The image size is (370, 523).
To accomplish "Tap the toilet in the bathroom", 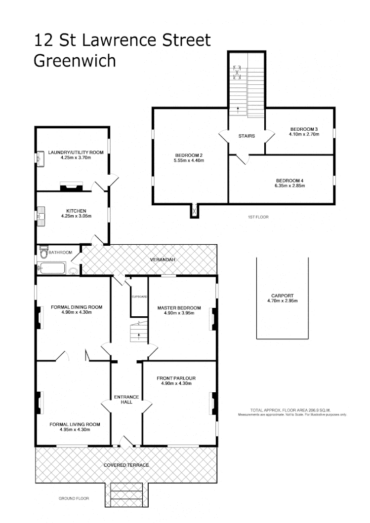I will click(44, 253).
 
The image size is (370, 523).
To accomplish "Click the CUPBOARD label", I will click(139, 297).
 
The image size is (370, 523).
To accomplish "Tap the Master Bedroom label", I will click(179, 308).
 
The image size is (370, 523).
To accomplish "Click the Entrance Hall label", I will click(126, 399).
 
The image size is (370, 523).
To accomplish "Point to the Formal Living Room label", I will click(75, 424).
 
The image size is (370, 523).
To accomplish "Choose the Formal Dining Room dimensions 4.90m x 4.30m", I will click(76, 312).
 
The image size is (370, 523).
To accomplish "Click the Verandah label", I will click(163, 259).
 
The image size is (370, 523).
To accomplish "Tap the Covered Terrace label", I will click(126, 465).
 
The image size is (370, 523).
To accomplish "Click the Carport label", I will click(282, 295).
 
